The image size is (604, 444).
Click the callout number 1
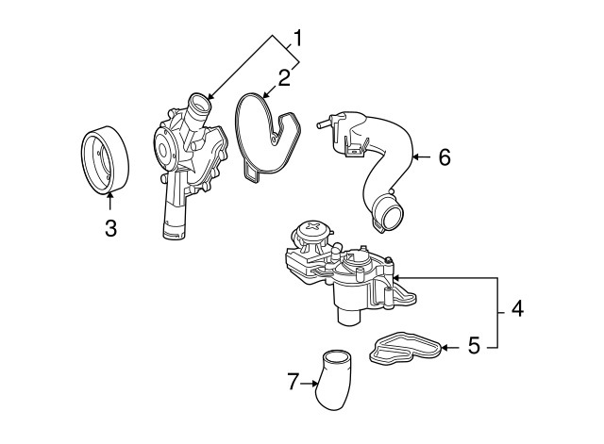pyautogui.click(x=297, y=39)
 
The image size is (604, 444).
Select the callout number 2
pyautogui.click(x=283, y=76)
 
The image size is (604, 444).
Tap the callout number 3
pyautogui.click(x=110, y=228)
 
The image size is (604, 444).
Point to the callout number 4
pyautogui.click(x=516, y=308)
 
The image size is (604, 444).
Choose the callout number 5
pyautogui.click(x=475, y=346)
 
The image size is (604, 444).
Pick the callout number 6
pyautogui.click(x=444, y=156)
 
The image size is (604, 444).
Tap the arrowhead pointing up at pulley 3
pyautogui.click(x=110, y=194)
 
